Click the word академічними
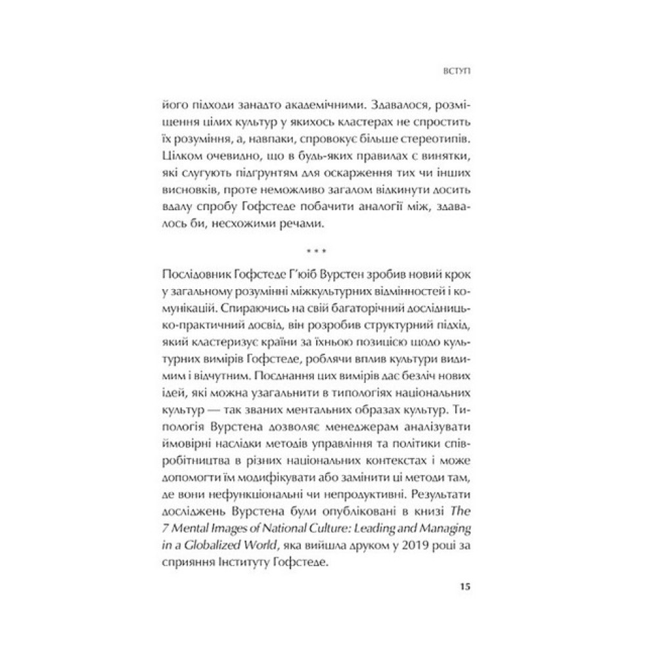click(307, 105)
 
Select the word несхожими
click(263, 225)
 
